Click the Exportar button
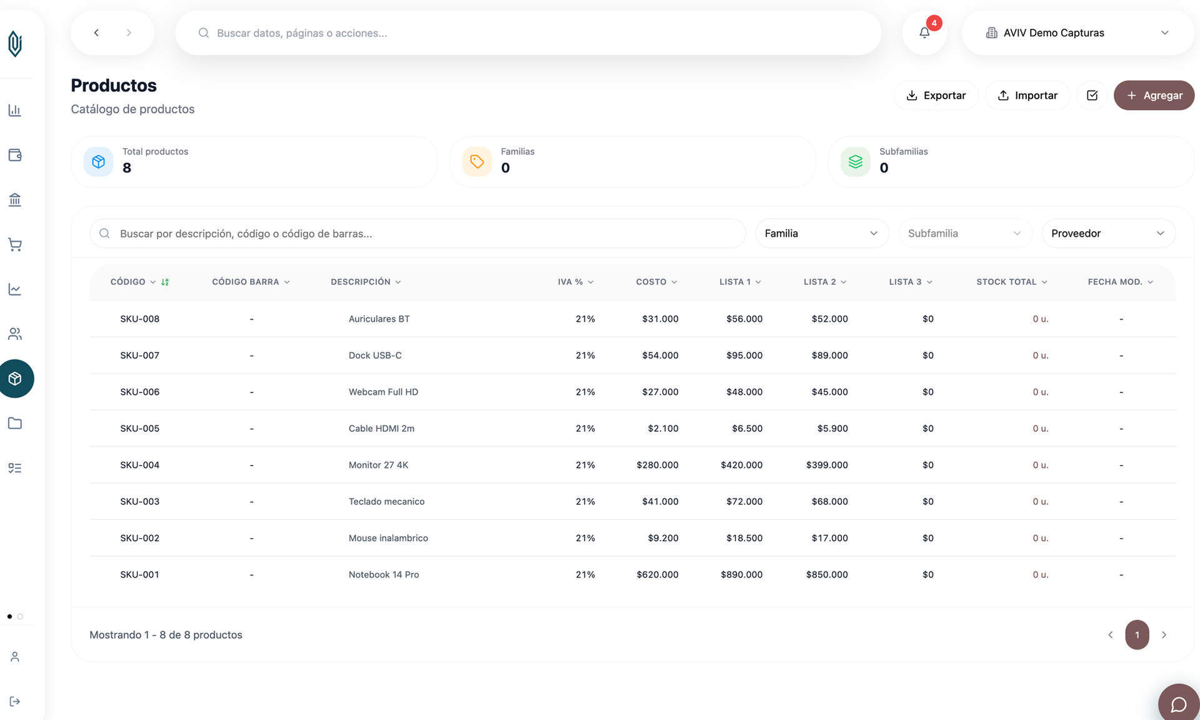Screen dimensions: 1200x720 click(x=936, y=96)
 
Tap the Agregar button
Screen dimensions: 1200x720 click(x=1154, y=96)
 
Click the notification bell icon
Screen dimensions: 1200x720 click(x=924, y=32)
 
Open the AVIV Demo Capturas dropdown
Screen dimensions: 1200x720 click(x=1077, y=32)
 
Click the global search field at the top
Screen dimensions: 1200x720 click(x=528, y=32)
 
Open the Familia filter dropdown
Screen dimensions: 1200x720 click(x=822, y=233)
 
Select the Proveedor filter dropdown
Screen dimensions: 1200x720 click(x=1108, y=233)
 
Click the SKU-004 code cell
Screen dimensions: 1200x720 click(x=140, y=465)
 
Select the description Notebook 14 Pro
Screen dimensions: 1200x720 click(x=384, y=574)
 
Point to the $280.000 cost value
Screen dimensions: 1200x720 click(x=657, y=465)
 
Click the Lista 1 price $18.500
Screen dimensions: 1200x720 click(x=744, y=538)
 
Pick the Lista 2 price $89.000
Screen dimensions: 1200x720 click(x=830, y=356)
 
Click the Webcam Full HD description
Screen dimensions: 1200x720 click(x=383, y=392)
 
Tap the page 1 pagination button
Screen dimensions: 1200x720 click(x=1137, y=635)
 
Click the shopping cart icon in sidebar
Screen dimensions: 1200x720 click(x=15, y=244)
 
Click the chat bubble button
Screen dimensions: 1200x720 click(x=1179, y=704)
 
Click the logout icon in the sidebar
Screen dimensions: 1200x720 click(x=15, y=701)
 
